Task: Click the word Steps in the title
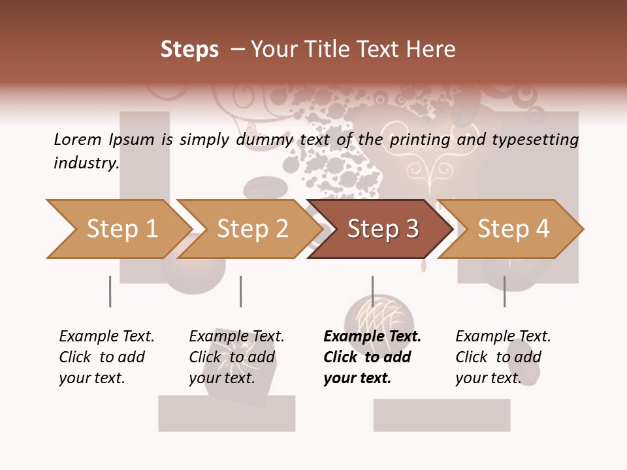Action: pos(189,50)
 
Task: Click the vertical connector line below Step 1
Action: pos(110,291)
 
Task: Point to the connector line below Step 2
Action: pos(241,291)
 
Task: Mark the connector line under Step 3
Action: pos(373,291)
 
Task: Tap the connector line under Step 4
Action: pos(505,291)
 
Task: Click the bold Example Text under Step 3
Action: pos(372,337)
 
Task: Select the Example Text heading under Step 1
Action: pos(106,337)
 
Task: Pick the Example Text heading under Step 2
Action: pos(236,337)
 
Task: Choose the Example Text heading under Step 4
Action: pos(503,337)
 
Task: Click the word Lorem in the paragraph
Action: pos(77,139)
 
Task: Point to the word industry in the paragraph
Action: pos(86,163)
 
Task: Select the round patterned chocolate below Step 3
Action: pos(379,315)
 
